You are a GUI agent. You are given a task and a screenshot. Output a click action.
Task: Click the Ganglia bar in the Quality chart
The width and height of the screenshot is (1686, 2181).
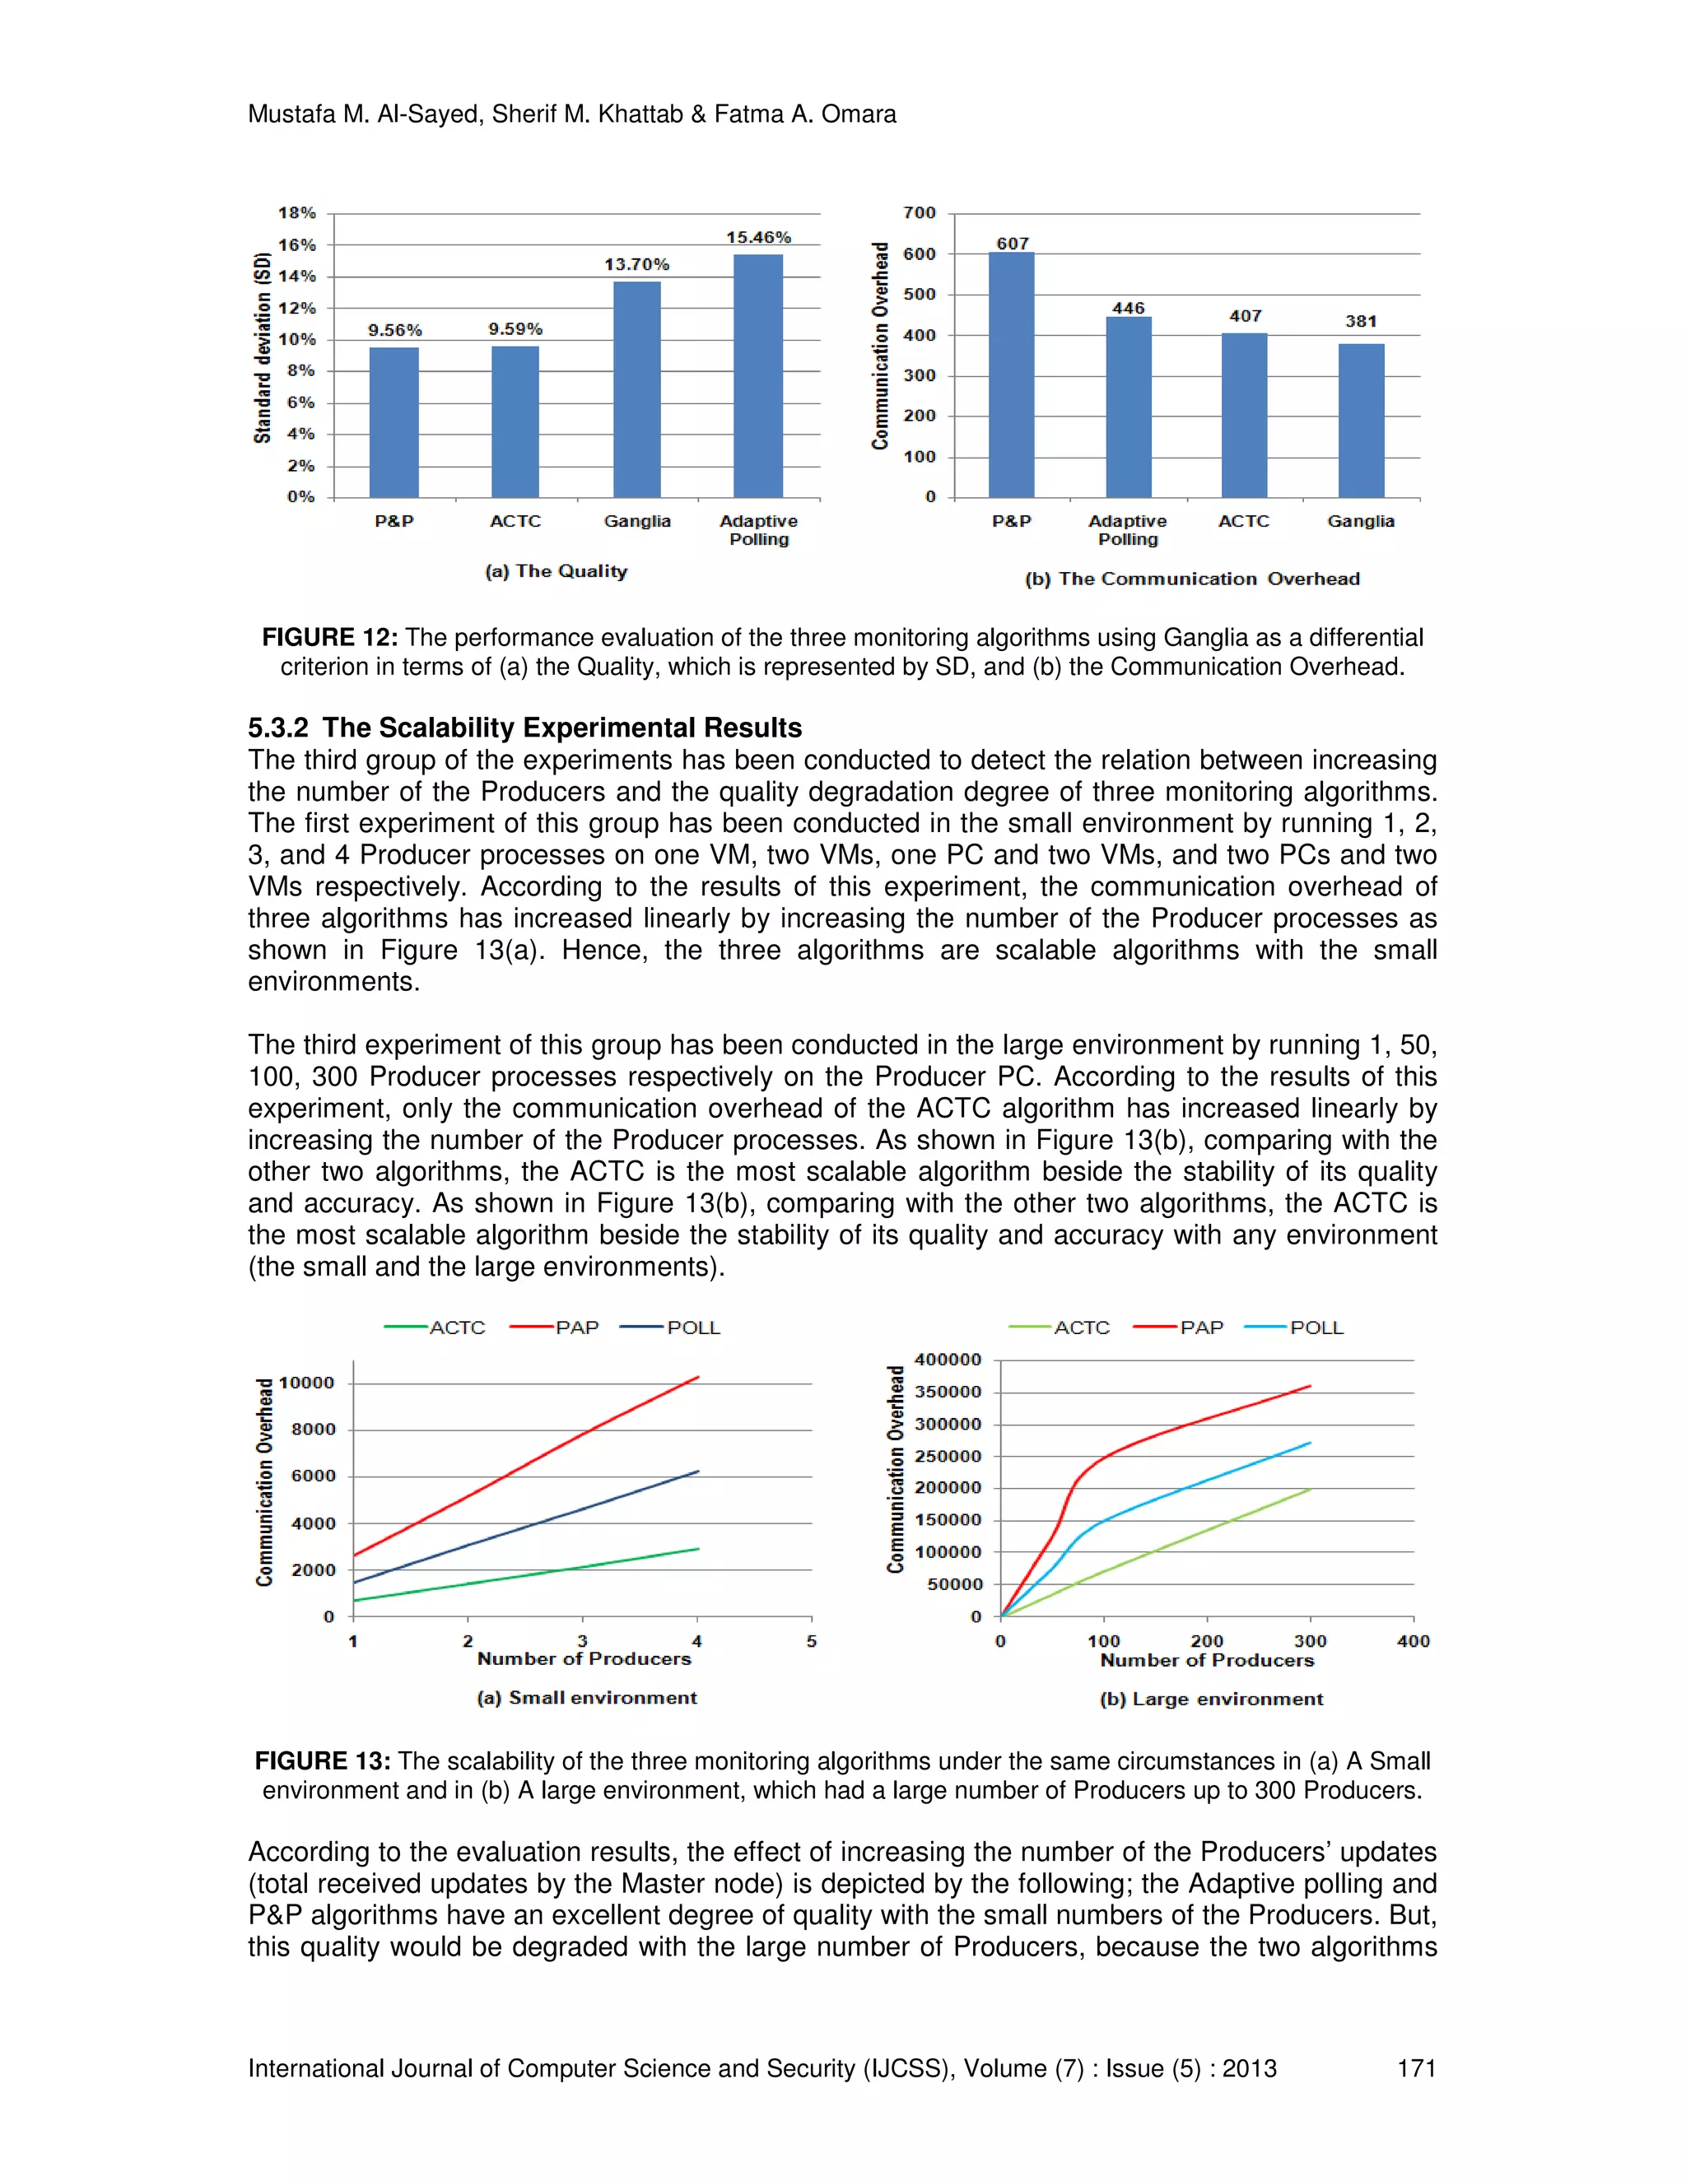[636, 389]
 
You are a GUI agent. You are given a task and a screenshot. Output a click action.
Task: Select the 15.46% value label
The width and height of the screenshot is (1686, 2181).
[758, 238]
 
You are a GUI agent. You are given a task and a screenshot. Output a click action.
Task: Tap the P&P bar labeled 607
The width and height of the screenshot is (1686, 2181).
[1011, 374]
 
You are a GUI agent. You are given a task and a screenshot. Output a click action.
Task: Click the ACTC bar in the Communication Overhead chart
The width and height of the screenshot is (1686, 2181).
[1244, 415]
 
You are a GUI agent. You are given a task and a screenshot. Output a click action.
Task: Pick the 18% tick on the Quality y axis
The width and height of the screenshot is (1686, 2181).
[296, 212]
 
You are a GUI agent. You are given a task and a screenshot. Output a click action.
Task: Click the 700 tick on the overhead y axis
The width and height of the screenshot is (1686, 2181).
[919, 212]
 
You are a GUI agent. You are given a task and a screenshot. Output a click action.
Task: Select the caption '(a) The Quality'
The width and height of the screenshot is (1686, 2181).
[557, 571]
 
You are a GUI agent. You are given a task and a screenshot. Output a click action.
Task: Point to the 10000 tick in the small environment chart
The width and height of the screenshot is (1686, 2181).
[306, 1383]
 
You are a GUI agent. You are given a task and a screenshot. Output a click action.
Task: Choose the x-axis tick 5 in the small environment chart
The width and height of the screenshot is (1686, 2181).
[811, 1641]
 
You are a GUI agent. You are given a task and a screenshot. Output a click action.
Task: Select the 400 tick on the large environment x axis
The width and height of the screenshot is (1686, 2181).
[1413, 1641]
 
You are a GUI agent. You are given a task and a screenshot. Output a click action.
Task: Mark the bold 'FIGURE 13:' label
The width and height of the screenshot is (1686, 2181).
[323, 1760]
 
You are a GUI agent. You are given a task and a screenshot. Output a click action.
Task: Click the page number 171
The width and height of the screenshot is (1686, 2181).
[1415, 2068]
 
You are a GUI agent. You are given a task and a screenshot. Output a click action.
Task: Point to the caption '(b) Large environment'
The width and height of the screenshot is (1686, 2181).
[1210, 1699]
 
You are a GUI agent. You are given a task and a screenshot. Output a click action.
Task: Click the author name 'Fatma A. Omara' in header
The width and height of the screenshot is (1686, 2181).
[805, 114]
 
